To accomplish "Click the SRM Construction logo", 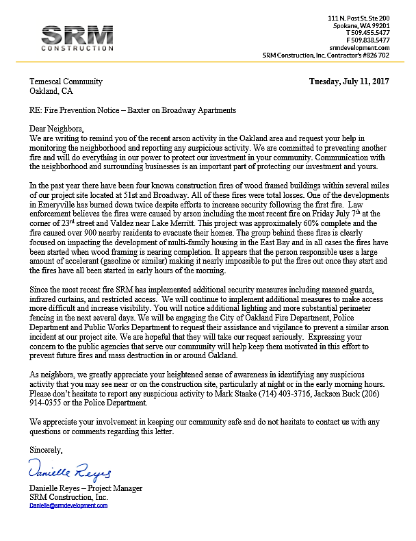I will [x=77, y=38].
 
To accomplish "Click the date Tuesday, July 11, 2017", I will [x=349, y=81].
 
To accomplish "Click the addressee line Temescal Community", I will [x=66, y=81].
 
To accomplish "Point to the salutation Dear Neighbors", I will [x=56, y=129].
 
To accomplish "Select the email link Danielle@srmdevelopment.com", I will [x=68, y=505].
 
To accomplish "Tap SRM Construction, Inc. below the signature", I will [x=68, y=496].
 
